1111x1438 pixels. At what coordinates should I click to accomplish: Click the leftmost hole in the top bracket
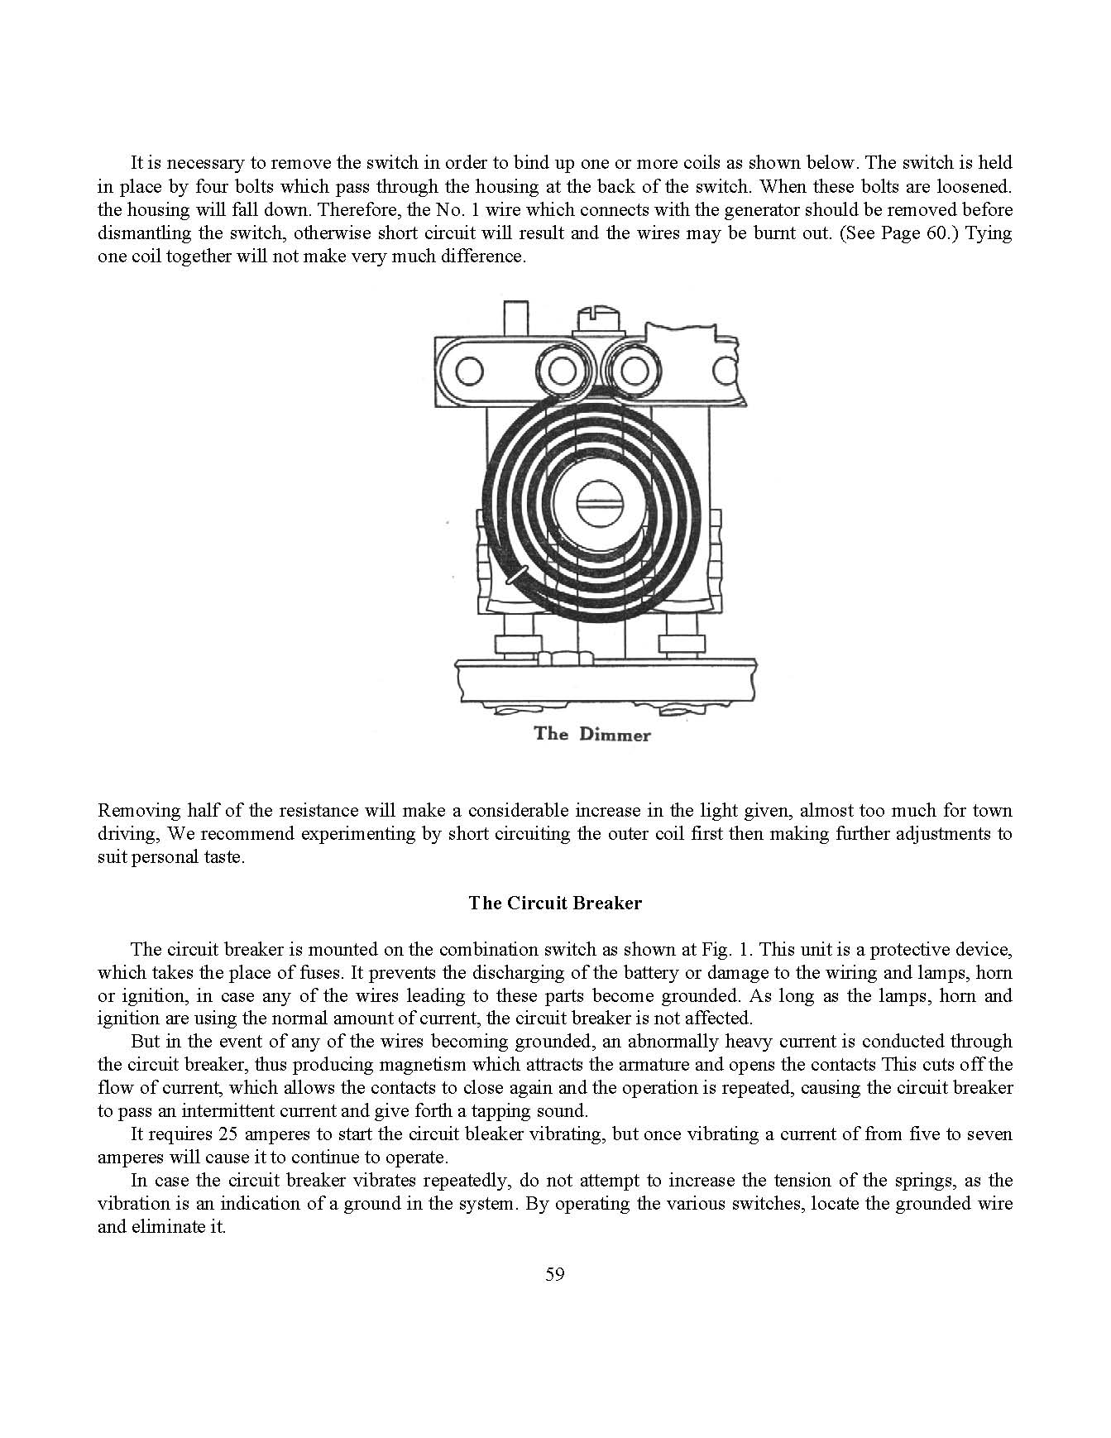(x=469, y=371)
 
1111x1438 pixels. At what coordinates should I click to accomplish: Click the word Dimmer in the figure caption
(x=615, y=735)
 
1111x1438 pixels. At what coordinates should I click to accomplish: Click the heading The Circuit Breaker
(x=554, y=903)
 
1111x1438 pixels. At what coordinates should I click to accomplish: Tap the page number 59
(x=555, y=1273)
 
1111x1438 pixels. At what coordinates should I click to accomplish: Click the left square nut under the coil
(x=518, y=644)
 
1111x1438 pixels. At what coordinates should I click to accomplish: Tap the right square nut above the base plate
(x=680, y=644)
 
